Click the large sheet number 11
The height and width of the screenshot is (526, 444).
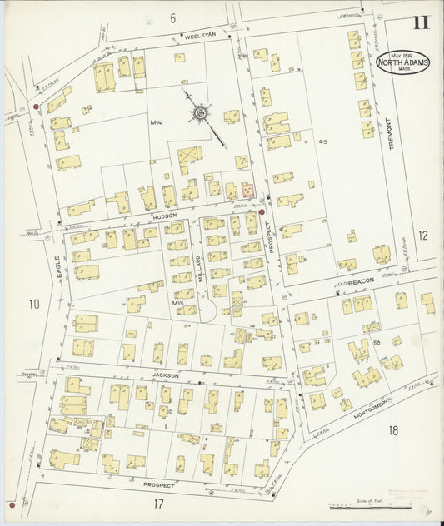tap(421, 22)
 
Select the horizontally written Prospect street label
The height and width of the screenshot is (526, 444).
tap(158, 484)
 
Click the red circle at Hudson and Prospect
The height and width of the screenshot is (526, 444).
tap(262, 212)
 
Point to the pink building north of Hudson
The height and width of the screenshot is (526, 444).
tap(247, 190)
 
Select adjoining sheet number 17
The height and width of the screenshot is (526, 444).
tap(158, 504)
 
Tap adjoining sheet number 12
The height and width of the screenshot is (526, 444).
tap(422, 236)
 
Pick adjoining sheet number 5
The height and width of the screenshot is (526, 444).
tap(172, 17)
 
